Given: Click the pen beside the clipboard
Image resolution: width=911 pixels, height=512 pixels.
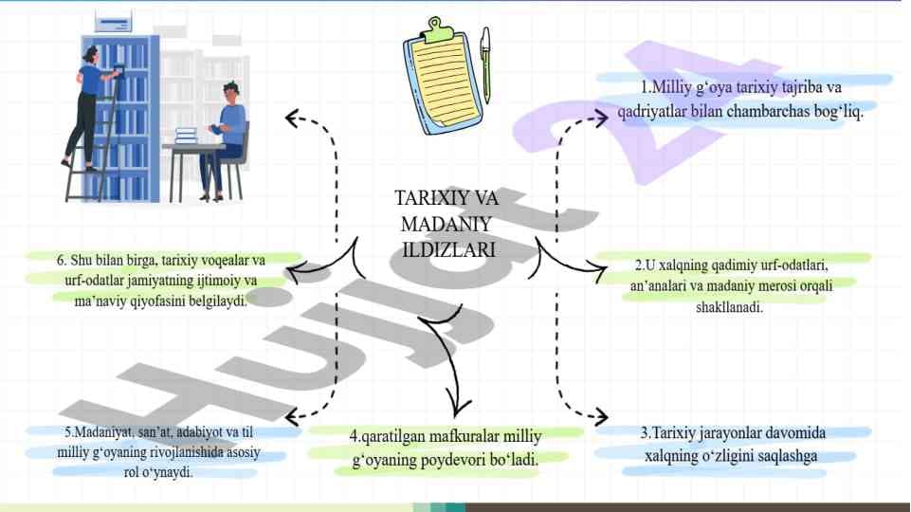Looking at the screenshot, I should pyautogui.click(x=485, y=64).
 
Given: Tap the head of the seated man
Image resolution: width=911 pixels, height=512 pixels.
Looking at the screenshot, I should pyautogui.click(x=230, y=92).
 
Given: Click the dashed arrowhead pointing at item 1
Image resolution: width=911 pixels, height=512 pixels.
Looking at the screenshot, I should pyautogui.click(x=600, y=118).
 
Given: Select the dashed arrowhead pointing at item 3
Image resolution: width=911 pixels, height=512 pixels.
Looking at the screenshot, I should pyautogui.click(x=600, y=416).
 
